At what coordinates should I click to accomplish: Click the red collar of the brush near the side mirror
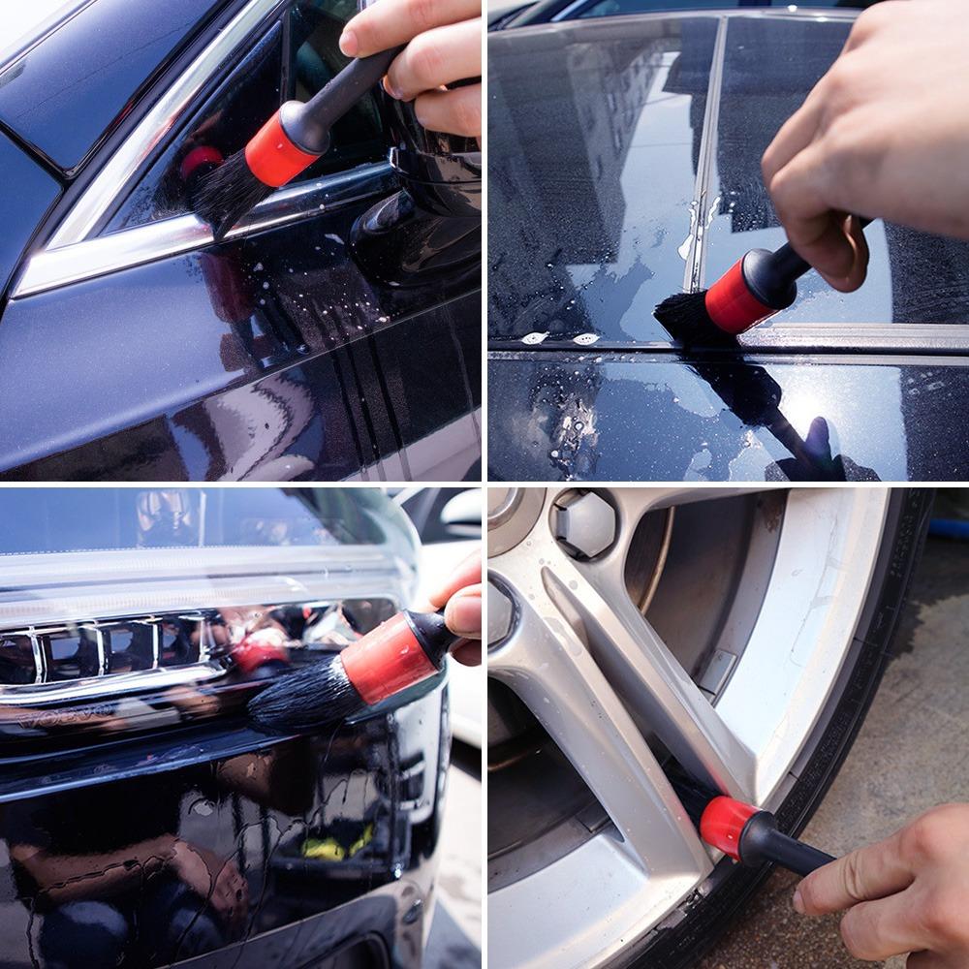point(281,146)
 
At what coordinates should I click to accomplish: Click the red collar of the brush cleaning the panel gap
point(738,296)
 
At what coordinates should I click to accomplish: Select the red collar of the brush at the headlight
point(389,659)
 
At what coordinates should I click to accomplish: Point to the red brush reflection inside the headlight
point(260,649)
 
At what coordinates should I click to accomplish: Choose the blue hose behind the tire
point(950,527)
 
